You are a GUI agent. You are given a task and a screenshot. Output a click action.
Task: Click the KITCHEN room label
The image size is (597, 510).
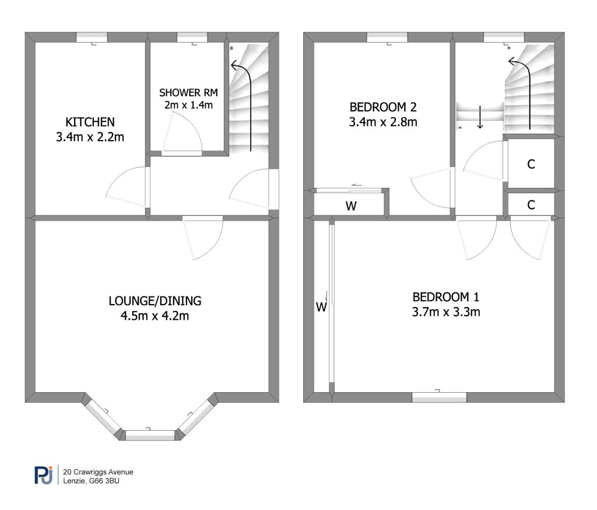[90, 122]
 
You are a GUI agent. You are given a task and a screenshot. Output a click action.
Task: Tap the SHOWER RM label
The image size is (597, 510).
[188, 93]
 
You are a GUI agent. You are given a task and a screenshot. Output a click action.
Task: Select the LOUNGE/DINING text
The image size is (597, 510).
[155, 301]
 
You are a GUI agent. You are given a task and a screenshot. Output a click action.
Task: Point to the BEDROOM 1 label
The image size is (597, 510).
[446, 297]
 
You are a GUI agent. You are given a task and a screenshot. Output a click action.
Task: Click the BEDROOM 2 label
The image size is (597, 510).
[383, 107]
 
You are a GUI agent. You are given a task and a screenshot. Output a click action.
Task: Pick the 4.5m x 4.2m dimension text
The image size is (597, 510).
[154, 316]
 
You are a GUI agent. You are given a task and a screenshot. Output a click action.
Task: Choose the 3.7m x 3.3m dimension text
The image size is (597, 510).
[446, 312]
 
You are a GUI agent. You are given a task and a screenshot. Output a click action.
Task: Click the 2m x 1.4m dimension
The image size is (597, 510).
[188, 105]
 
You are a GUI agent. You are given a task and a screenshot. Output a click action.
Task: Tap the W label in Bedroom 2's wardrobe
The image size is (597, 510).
[351, 206]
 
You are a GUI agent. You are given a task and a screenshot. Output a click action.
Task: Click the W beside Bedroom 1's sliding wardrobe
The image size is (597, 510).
[321, 307]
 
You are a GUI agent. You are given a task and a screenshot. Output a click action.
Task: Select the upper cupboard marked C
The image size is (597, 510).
[531, 165]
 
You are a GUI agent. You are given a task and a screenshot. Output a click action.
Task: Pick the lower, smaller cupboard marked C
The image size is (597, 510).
[531, 205]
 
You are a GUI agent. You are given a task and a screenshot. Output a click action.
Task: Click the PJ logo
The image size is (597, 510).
[44, 475]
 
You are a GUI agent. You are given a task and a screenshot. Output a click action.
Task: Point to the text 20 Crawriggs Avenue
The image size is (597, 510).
[98, 472]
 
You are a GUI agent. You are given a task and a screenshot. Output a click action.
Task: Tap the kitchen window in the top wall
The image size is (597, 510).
[92, 37]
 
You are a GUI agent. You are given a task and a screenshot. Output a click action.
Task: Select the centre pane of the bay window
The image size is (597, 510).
[150, 435]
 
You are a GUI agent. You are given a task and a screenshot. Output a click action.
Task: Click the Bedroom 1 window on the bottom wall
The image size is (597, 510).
[440, 397]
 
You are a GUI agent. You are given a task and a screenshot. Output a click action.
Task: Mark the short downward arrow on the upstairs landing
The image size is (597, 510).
[480, 117]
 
